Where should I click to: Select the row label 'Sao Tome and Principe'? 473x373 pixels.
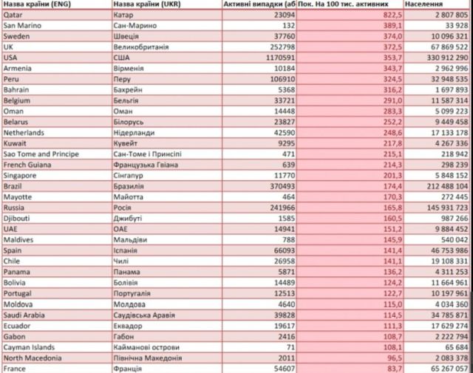[44, 153]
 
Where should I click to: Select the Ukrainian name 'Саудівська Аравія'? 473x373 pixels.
[149, 314]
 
